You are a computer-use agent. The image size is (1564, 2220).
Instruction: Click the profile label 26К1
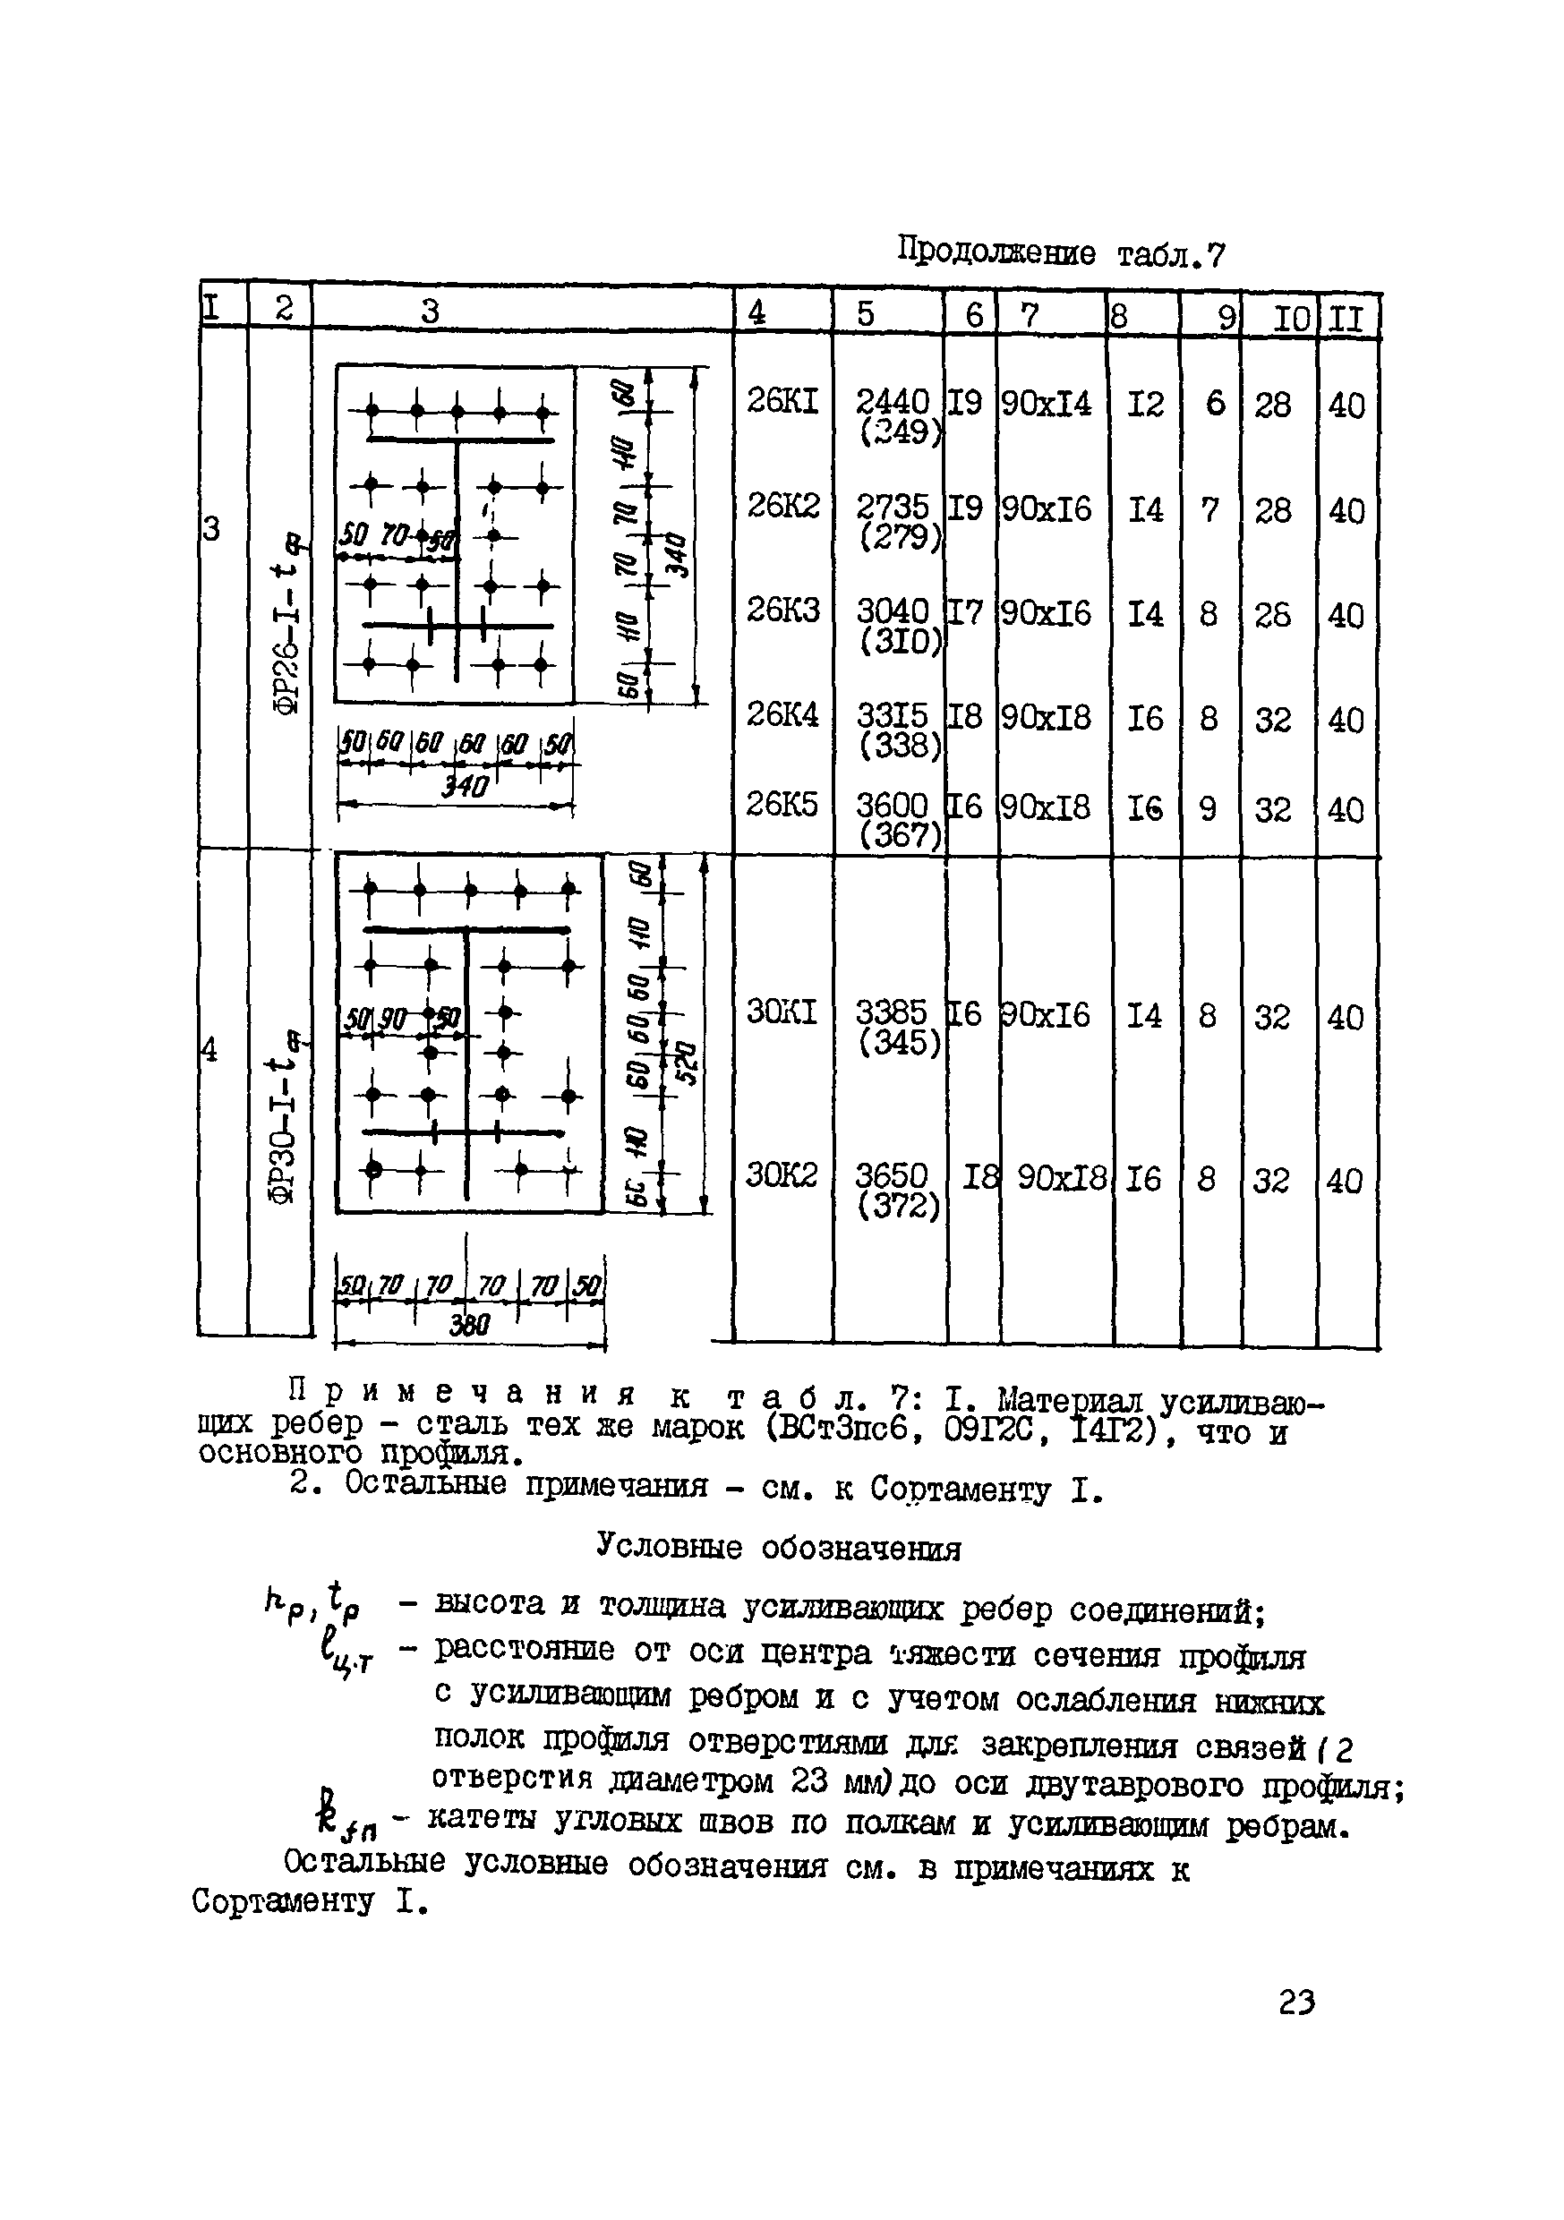pos(782,400)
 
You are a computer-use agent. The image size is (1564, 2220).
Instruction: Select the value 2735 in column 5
pos(892,506)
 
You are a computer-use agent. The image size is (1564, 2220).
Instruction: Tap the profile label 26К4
pos(782,714)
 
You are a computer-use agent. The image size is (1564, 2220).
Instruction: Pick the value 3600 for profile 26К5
pos(892,805)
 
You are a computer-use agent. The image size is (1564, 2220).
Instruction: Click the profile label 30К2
pos(782,1174)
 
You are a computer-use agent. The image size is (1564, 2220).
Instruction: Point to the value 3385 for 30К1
pos(891,1012)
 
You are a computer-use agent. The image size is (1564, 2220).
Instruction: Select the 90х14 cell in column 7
pos(1047,402)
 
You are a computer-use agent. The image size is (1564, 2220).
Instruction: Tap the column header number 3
pos(432,312)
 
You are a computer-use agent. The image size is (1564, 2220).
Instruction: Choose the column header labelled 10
pos(1290,318)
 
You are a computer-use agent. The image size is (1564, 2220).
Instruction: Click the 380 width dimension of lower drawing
pos(470,1325)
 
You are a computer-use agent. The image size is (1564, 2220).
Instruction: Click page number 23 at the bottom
pos(1296,2002)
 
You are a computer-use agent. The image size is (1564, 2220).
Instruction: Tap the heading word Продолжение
pos(996,252)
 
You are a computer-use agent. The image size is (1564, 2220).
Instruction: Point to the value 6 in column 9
pos(1215,403)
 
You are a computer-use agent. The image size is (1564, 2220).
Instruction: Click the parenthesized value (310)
pos(900,640)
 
